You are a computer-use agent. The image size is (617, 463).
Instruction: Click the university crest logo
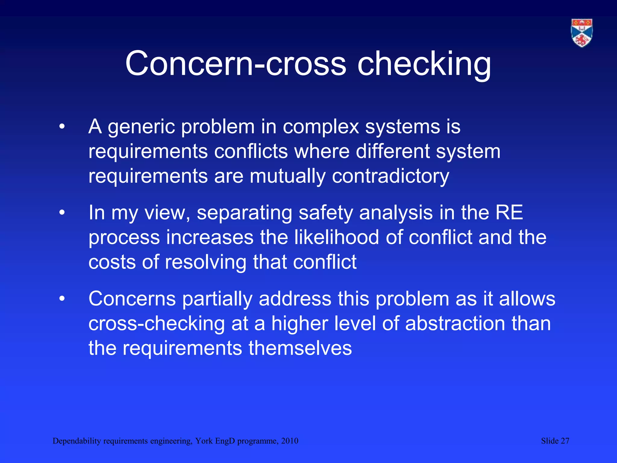(x=582, y=33)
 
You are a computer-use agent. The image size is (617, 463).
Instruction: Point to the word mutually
(x=287, y=176)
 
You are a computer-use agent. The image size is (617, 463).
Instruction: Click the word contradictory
(x=390, y=176)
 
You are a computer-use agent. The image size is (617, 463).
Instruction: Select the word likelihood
(x=337, y=237)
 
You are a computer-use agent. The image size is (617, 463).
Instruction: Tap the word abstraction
(x=455, y=323)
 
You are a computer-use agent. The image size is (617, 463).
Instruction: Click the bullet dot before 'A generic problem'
(x=62, y=127)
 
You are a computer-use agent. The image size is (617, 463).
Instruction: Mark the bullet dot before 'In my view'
(x=62, y=213)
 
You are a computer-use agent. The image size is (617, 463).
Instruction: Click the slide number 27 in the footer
(x=565, y=441)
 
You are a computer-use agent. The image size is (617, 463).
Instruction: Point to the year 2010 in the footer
(x=290, y=441)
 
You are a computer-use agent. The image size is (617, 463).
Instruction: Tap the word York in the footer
(x=204, y=441)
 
